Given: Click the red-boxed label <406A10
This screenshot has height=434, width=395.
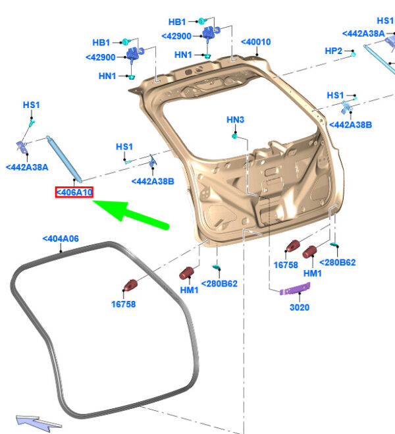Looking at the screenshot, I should pos(74,192).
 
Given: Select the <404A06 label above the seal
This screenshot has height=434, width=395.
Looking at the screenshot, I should pos(61,239).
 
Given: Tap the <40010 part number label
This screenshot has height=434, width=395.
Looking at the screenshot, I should pos(255,42).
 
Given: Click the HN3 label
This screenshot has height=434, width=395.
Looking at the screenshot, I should pos(235,120).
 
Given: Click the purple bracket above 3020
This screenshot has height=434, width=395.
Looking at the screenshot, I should pos(295,288).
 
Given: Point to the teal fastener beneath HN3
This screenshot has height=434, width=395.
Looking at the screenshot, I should pos(234,136).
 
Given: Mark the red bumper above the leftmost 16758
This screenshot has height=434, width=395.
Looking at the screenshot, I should pos(130,285).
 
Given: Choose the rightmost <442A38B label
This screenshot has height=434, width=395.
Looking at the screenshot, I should pos(351,124).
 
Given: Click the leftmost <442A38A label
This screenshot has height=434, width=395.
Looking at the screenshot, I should pos(27,167).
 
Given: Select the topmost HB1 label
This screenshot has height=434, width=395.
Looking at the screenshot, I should pos(177,22).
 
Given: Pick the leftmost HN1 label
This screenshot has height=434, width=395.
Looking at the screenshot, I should pos(107,76).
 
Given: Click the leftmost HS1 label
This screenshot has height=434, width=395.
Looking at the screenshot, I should pos(31,105).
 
